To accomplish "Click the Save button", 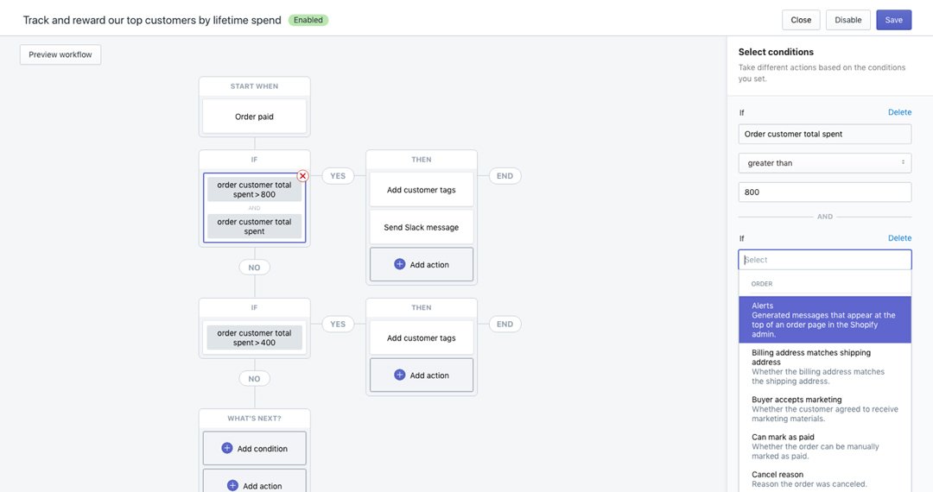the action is coord(893,20).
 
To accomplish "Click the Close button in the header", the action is coord(800,20).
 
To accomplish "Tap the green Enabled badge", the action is coord(308,20).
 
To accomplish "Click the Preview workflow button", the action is coord(60,54).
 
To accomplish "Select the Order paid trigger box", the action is coord(254,117).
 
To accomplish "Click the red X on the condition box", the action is coord(303,176).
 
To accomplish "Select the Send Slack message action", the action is coord(422,227).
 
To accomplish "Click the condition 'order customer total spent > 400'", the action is coord(254,337).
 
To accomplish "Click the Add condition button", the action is coord(254,448).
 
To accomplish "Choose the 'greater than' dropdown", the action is coord(824,163).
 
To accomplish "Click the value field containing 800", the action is coord(824,192).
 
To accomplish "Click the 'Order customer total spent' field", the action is coord(824,134).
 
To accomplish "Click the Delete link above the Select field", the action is coord(899,237).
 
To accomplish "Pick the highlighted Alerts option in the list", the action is coord(824,319).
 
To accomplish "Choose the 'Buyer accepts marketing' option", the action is coord(824,409).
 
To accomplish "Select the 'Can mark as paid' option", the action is coord(824,446).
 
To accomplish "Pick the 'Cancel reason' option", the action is coord(824,479).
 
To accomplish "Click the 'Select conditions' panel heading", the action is coord(775,52).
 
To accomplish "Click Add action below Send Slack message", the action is coord(422,264).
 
